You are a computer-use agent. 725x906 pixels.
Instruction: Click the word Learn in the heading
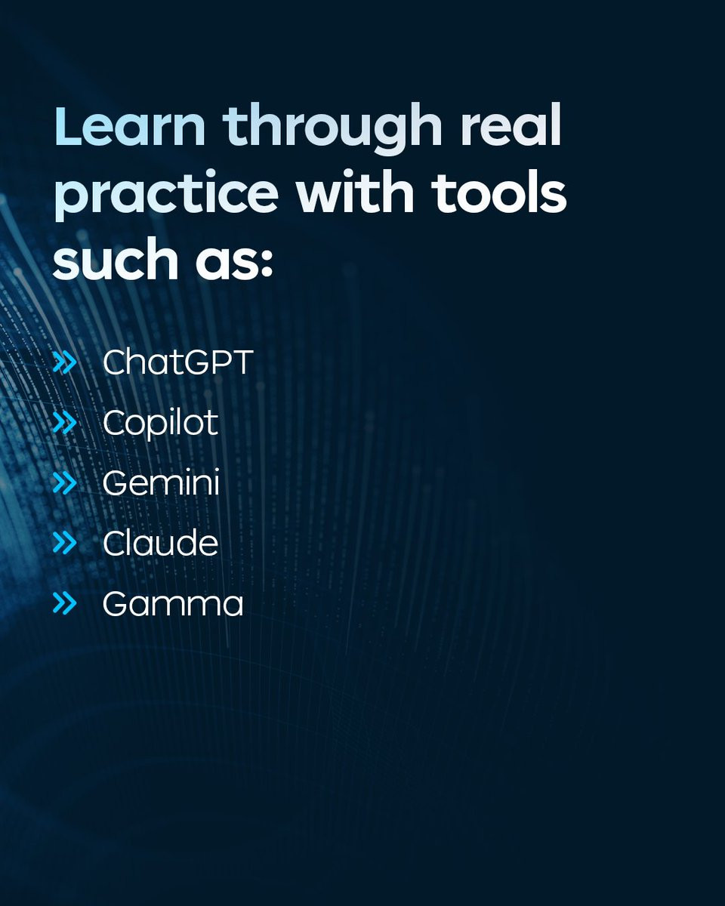click(130, 125)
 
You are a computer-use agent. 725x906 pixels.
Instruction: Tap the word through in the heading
click(332, 128)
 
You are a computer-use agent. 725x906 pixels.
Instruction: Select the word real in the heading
click(511, 125)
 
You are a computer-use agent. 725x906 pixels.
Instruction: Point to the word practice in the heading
click(166, 195)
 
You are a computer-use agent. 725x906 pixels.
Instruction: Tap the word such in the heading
click(115, 257)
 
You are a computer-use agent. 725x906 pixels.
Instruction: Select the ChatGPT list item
click(177, 362)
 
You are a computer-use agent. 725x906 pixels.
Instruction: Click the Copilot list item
click(161, 424)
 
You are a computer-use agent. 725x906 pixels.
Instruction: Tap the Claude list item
click(161, 542)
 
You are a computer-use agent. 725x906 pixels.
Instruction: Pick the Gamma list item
click(173, 604)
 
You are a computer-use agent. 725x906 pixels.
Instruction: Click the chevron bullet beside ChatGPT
click(65, 363)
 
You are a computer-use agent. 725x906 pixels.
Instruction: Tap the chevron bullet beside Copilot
click(65, 423)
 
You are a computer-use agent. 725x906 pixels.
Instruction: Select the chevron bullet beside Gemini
click(65, 483)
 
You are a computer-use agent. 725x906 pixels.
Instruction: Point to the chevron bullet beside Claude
click(65, 543)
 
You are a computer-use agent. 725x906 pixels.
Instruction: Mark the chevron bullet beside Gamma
click(65, 603)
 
